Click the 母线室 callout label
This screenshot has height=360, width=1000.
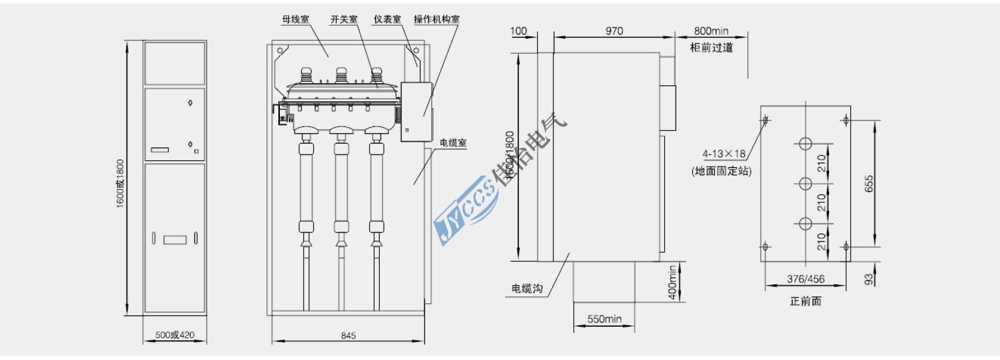(x=296, y=20)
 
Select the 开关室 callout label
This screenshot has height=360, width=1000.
(x=344, y=20)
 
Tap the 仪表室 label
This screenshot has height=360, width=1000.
(x=387, y=20)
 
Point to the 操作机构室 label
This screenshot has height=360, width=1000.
(x=437, y=20)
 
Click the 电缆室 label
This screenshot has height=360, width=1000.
(x=453, y=143)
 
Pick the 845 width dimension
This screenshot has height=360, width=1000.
(x=348, y=335)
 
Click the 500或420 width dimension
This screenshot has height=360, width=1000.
(x=174, y=335)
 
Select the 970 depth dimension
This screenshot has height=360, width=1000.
(x=614, y=31)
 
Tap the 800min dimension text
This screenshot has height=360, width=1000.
(x=711, y=31)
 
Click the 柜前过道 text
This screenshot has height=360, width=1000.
(x=711, y=47)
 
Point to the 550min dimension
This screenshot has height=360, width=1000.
(x=604, y=319)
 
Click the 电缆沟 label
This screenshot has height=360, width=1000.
(x=527, y=288)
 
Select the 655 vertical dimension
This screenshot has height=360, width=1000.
(x=869, y=184)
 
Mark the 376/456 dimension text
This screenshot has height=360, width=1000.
(x=805, y=279)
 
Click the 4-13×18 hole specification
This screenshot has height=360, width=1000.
(x=724, y=154)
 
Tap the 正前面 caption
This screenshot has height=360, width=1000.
(x=805, y=301)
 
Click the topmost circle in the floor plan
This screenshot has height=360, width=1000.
(x=805, y=144)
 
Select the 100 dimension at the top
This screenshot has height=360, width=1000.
(x=518, y=31)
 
